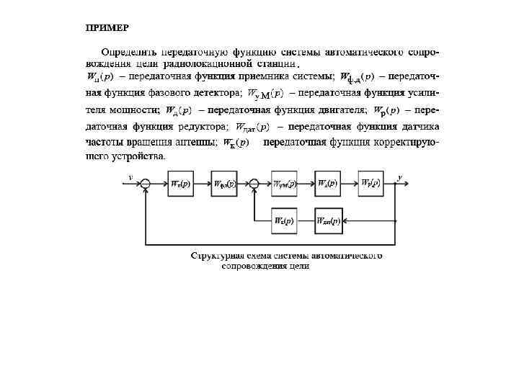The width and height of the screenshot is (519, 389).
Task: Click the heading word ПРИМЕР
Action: [107, 27]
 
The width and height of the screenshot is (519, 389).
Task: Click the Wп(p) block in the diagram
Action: [179, 184]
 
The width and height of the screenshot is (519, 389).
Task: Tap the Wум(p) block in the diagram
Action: [285, 184]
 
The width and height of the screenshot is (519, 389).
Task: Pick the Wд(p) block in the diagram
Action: [328, 184]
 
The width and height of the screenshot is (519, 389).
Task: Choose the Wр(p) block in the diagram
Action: [372, 184]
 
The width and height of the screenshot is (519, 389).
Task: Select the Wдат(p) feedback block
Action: [328, 220]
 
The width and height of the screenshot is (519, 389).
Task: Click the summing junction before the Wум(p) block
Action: [254, 184]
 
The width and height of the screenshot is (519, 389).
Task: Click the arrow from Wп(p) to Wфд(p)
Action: [202, 184]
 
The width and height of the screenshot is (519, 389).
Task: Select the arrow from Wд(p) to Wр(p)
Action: [350, 184]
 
